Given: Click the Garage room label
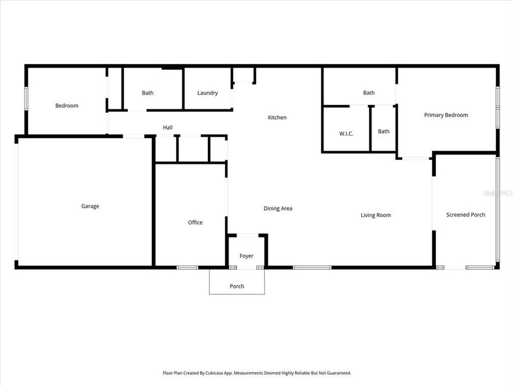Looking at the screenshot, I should click(90, 206).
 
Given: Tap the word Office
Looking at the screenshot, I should click(195, 222).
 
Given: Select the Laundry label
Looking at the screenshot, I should click(207, 93).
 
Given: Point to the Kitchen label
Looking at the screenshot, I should click(277, 117).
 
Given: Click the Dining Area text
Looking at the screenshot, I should click(278, 209).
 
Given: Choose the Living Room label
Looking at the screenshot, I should click(376, 215).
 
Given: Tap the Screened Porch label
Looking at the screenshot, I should click(466, 214).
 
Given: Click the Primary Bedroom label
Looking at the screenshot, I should click(446, 115).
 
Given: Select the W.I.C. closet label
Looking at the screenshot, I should click(346, 133).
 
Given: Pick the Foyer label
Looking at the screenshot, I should click(246, 256).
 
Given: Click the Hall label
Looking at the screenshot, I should click(168, 127).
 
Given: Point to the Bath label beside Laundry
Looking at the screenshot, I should click(148, 93).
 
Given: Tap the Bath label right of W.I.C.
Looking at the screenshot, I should click(384, 131).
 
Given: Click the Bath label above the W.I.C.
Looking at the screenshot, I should click(369, 93).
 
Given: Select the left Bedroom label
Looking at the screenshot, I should click(67, 106).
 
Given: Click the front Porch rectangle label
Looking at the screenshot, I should click(237, 286).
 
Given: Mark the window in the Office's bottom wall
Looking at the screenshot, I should click(187, 267).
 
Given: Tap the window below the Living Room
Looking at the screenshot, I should click(312, 267).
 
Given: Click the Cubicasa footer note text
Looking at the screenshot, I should click(257, 373).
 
